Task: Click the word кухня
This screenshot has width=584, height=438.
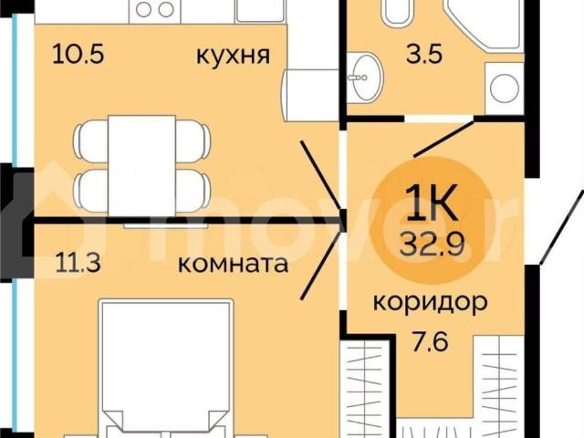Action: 233,55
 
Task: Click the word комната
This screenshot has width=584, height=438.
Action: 233,266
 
